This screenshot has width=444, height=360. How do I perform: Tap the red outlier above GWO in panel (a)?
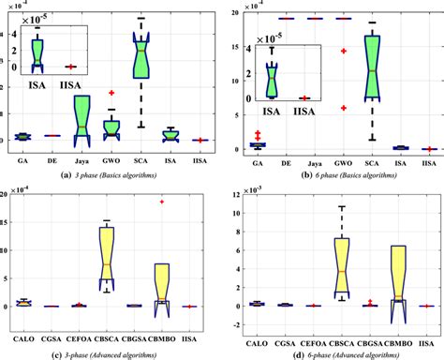(111, 94)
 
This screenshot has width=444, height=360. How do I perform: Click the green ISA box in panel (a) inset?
(37, 52)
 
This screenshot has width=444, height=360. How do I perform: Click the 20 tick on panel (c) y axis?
(7, 193)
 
